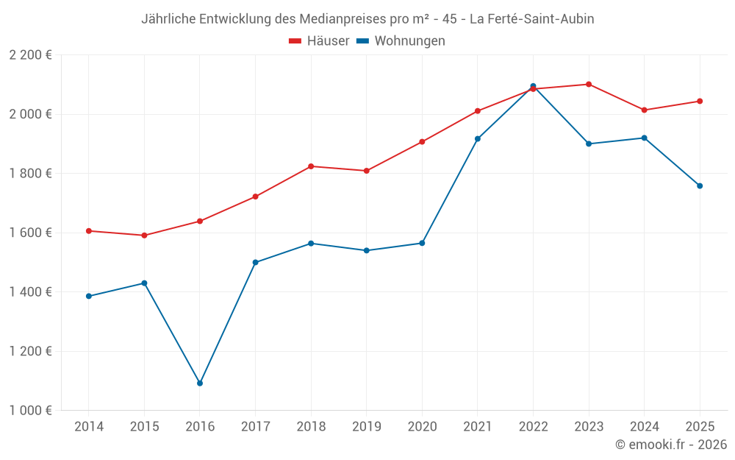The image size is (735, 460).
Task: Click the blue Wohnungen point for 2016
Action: pos(200,383)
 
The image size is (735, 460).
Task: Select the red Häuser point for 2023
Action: pos(589,84)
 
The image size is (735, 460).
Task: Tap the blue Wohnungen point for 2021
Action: pos(478,138)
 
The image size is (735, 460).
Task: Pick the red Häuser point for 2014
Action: pos(89,230)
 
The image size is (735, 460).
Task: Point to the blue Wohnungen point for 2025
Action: pos(700,185)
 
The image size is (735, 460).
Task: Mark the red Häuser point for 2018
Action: pos(311,166)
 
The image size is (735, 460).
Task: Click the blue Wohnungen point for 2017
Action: pos(255,262)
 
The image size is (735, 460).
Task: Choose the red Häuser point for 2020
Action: pos(422,141)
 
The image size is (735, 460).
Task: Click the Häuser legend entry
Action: pos(319,41)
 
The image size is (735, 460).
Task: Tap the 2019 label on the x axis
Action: pos(366,426)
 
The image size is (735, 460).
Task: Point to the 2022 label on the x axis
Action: pos(533,426)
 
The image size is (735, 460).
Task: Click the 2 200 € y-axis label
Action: pos(30,55)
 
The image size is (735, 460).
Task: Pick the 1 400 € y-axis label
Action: pos(30,292)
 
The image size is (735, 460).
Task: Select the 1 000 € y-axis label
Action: pos(30,411)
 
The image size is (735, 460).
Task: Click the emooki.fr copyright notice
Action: pos(670,445)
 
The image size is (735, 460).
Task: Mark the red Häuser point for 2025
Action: pos(700,101)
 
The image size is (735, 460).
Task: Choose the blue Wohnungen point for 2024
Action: pos(645,138)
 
